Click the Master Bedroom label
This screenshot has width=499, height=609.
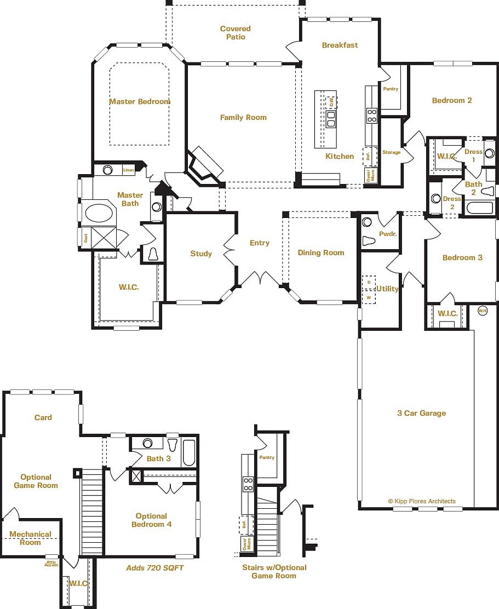(x=139, y=101)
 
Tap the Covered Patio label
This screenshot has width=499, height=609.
(x=236, y=33)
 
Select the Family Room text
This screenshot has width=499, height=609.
(x=243, y=117)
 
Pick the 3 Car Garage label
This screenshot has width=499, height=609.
(x=421, y=413)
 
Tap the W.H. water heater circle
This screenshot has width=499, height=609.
(x=483, y=311)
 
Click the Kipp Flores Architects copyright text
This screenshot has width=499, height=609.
(x=421, y=501)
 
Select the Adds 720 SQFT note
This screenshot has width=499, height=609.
(x=155, y=568)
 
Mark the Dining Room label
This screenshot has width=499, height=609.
(x=321, y=252)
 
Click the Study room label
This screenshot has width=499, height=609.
(x=201, y=253)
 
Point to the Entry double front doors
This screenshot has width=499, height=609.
(x=261, y=279)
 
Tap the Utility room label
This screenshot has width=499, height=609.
(x=387, y=289)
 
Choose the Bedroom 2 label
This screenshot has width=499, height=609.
(x=452, y=100)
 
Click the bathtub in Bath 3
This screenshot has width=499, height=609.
(x=188, y=452)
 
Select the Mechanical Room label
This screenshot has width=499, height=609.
(x=30, y=538)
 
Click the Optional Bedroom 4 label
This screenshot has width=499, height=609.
(x=151, y=520)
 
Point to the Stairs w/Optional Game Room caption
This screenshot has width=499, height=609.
(x=274, y=571)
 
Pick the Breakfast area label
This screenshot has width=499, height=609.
(x=340, y=45)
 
